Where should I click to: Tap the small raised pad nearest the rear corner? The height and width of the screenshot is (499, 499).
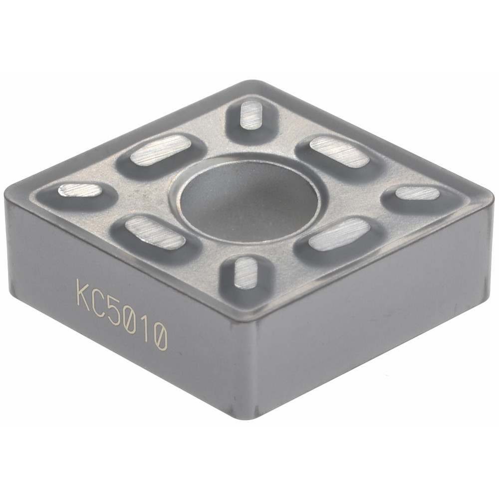tap(251, 114)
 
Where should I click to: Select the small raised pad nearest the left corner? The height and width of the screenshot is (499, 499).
tap(80, 190)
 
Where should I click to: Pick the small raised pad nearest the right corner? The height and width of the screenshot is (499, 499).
tap(418, 193)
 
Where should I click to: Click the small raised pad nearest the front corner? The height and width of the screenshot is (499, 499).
tap(246, 272)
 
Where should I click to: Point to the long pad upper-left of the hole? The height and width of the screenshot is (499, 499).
tap(161, 150)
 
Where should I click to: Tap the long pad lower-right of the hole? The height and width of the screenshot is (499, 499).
tap(339, 234)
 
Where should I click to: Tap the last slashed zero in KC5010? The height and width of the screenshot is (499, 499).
tap(161, 338)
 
